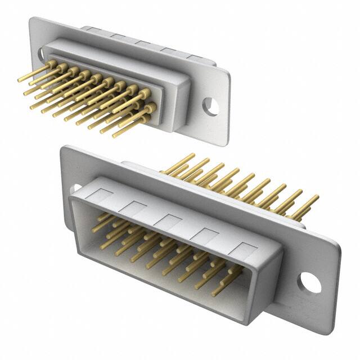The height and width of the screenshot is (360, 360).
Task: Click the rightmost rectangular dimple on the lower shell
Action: point(244,248)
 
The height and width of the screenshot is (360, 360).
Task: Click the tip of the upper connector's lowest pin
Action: point(115,136)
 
